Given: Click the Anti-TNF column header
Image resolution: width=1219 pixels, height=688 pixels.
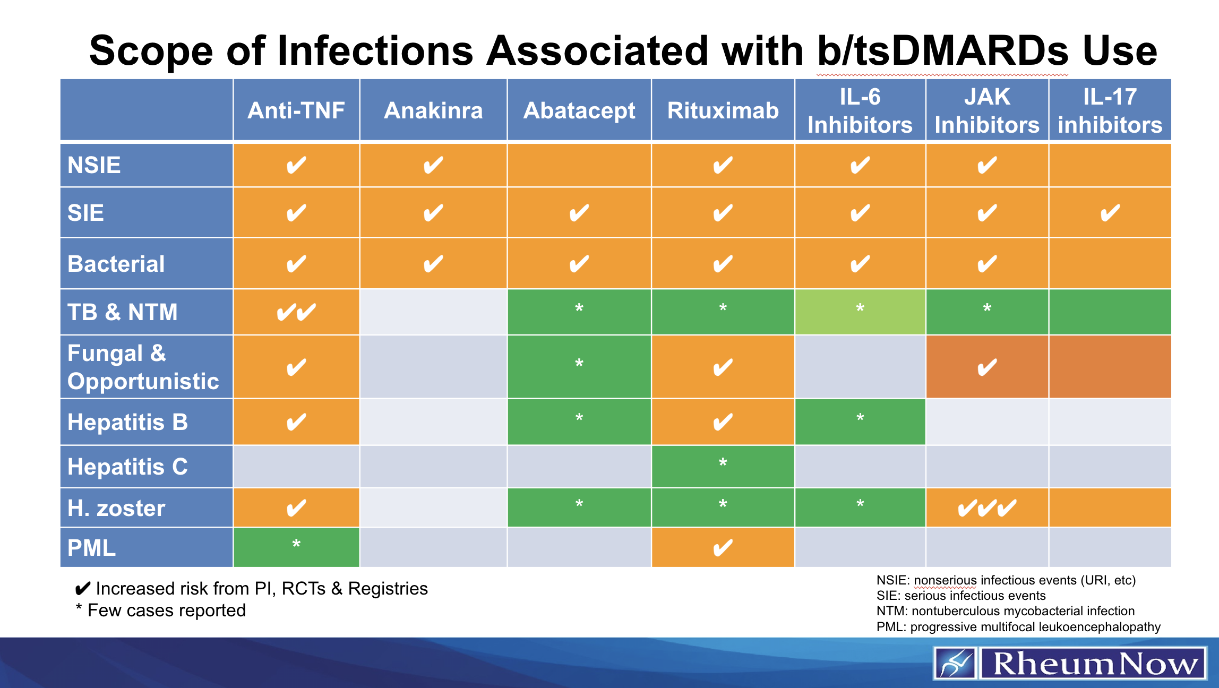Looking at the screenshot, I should click(296, 110).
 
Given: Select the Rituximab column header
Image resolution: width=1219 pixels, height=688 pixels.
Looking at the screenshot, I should click(723, 110).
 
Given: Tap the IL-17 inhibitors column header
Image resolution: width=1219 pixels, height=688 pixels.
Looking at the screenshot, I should click(1110, 110).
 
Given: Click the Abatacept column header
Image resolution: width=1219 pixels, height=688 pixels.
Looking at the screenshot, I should click(579, 110).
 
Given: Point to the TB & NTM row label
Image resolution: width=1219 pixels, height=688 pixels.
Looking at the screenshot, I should click(123, 312).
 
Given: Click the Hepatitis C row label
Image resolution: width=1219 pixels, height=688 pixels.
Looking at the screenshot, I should click(127, 467).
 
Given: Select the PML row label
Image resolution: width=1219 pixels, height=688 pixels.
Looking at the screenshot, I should click(91, 548).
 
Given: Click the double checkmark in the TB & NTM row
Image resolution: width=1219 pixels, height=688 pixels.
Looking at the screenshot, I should click(296, 312).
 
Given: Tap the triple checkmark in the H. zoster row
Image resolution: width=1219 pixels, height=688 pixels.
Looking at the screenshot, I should click(986, 508).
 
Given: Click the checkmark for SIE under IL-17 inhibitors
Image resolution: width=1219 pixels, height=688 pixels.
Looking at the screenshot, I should click(1110, 213).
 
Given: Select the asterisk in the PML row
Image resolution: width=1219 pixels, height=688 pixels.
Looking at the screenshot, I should click(296, 544).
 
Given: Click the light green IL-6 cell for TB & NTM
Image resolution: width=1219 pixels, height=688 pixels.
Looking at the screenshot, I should click(860, 312).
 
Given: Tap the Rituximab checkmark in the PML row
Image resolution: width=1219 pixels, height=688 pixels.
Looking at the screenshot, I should click(723, 548).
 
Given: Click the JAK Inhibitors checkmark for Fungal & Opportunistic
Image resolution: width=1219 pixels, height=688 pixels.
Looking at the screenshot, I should click(986, 367).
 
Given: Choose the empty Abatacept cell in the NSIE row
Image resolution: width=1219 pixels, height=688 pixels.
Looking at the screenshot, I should click(579, 165).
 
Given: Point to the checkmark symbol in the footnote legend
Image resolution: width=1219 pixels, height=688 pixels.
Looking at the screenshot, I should click(83, 589).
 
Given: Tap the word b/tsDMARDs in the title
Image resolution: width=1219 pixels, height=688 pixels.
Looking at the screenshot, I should click(942, 51).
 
